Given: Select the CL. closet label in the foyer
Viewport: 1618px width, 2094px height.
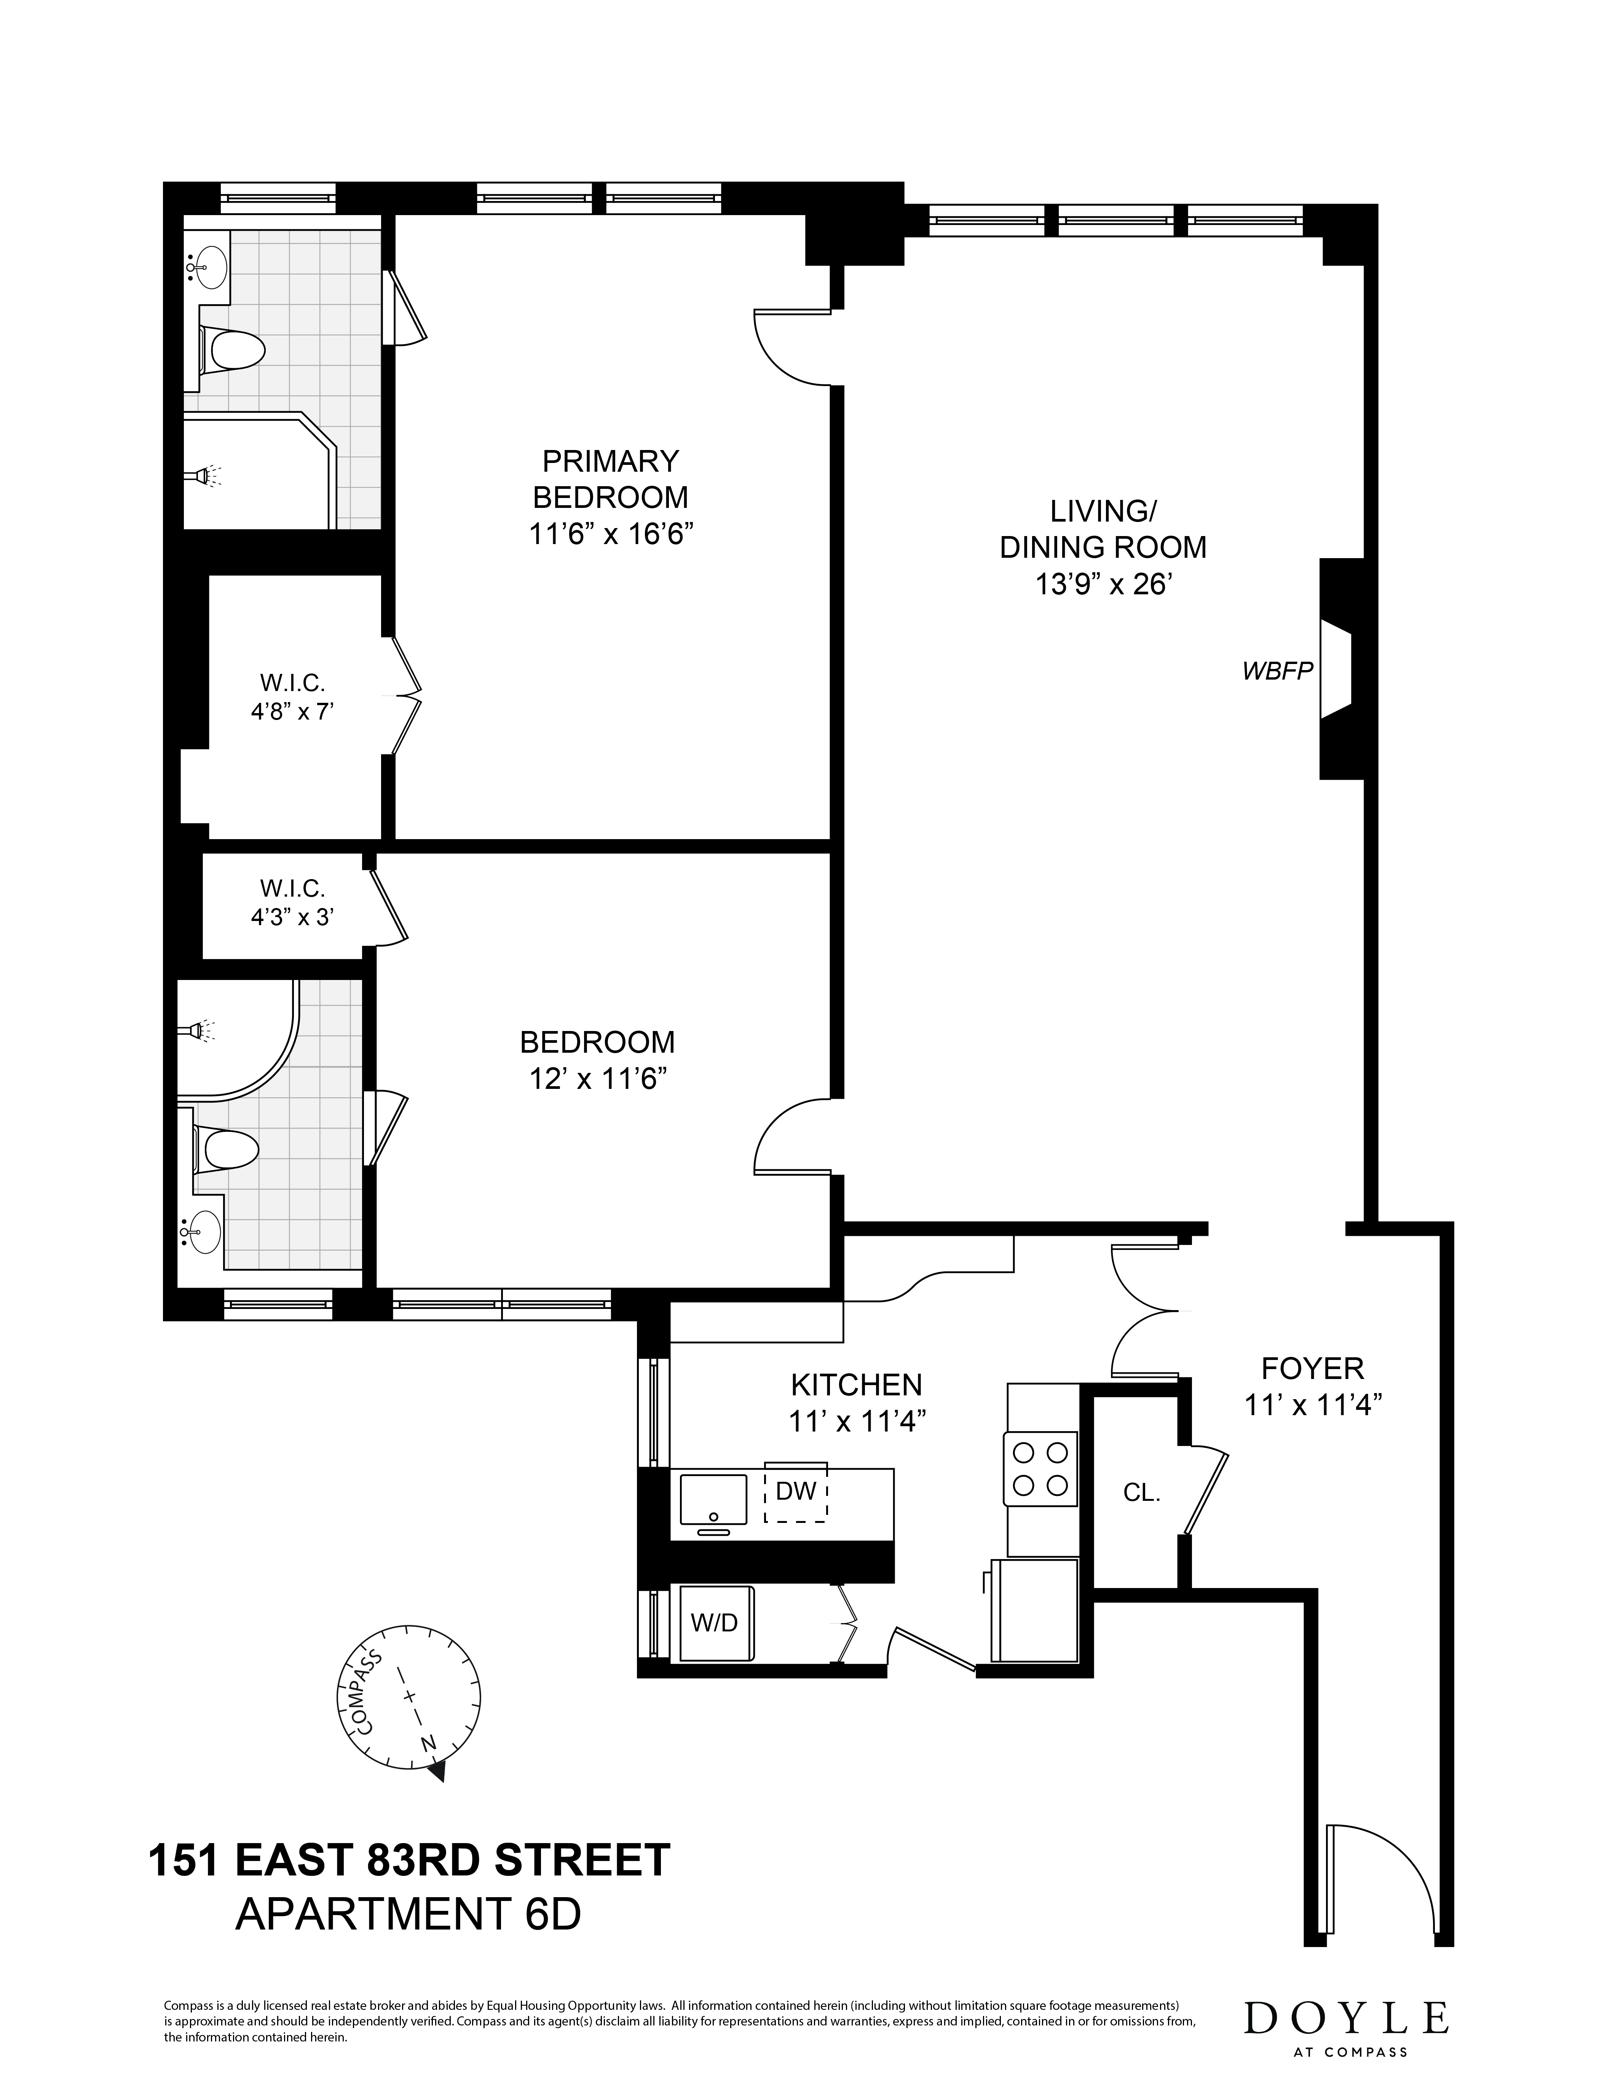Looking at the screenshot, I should pyautogui.click(x=1142, y=1493).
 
